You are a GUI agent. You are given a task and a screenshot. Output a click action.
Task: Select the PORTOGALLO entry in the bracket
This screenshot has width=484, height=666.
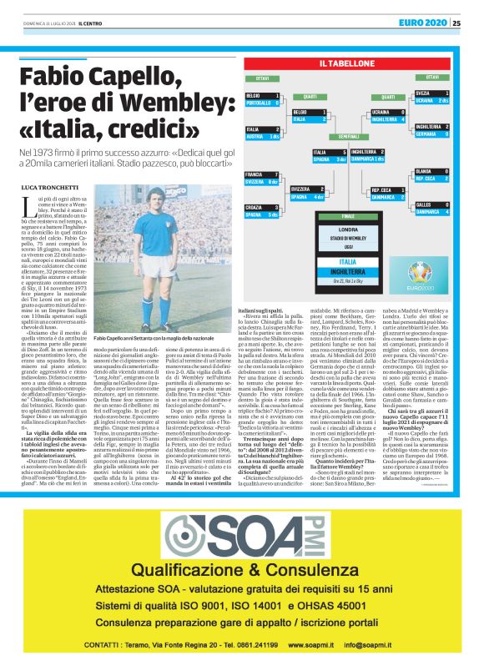(259, 103)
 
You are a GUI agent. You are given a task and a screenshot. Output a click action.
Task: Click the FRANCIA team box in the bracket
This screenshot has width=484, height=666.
(259, 174)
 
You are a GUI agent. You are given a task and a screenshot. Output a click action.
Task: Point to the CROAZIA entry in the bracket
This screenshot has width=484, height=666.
(259, 206)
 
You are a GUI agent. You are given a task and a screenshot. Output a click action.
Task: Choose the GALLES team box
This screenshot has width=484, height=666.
(428, 204)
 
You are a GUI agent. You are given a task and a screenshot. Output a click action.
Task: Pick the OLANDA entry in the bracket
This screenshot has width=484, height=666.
(428, 171)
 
